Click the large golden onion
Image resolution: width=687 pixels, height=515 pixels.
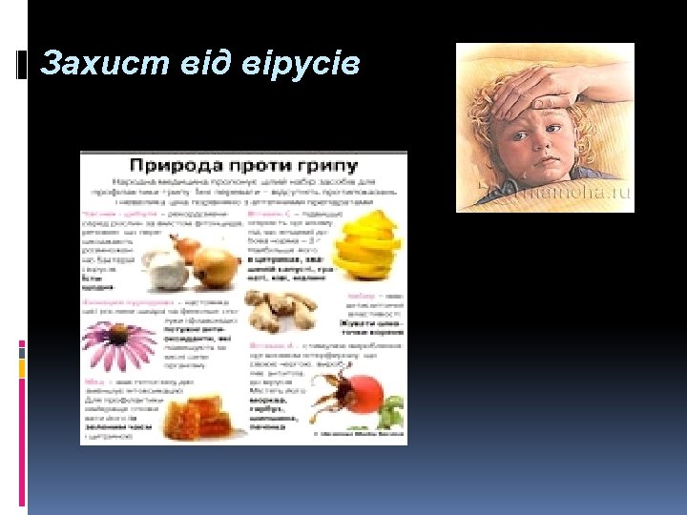click(x=217, y=267)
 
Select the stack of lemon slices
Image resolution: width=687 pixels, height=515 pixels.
click(x=367, y=246)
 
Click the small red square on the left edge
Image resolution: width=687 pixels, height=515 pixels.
click(x=22, y=346)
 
